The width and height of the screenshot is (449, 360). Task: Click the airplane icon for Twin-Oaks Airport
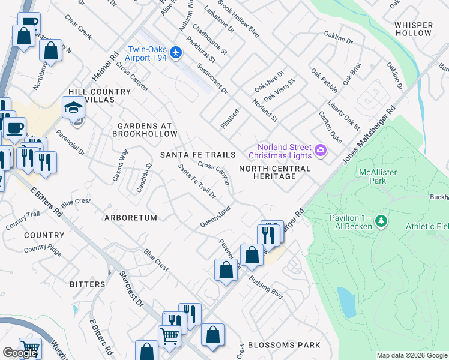(x=176, y=53)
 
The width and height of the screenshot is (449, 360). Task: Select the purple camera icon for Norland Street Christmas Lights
(x=320, y=149)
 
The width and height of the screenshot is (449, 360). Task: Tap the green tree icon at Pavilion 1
(x=381, y=222)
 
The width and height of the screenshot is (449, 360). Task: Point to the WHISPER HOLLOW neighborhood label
(x=414, y=29)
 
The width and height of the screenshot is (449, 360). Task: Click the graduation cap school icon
(x=73, y=108)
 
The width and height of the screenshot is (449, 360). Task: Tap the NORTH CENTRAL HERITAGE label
(x=276, y=173)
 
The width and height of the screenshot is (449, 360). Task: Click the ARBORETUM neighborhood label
(x=131, y=218)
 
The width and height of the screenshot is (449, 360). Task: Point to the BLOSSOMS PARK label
(x=283, y=345)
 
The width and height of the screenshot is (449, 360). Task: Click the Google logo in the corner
(x=20, y=353)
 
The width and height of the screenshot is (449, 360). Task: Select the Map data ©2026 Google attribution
(x=411, y=355)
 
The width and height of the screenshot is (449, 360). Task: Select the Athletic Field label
(x=427, y=226)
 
